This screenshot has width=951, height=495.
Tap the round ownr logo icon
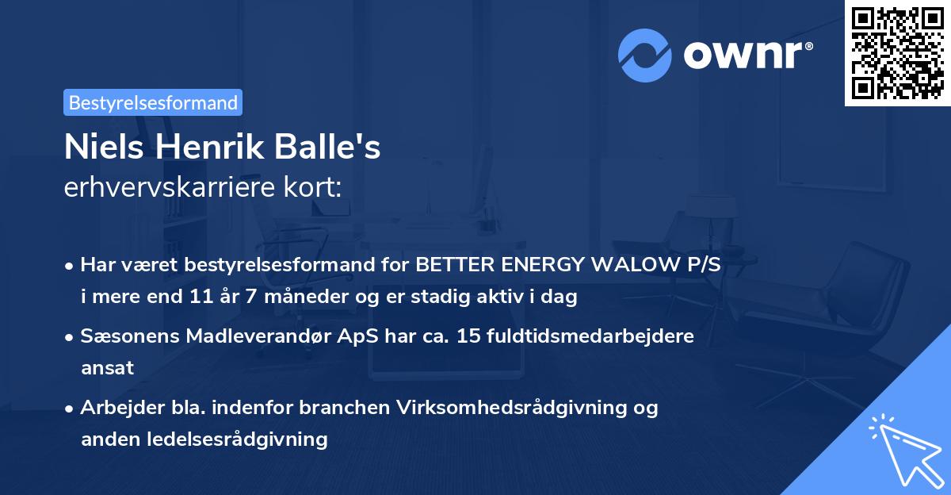(645, 55)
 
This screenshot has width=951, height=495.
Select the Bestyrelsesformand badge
(153, 102)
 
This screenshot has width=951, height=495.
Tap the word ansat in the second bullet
(107, 367)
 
